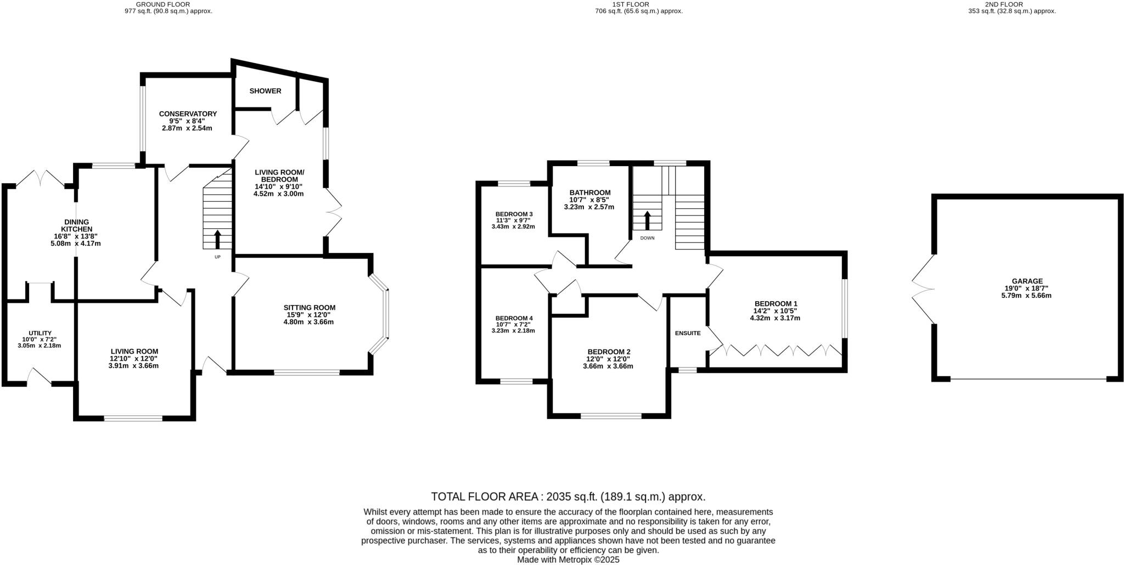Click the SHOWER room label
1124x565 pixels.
point(265,91)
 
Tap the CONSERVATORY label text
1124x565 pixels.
point(188,114)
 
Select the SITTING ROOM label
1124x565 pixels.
point(309,308)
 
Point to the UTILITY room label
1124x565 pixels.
point(40,334)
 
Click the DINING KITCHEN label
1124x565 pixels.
point(76,225)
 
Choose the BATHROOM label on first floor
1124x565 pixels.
point(589,193)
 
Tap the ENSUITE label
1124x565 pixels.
point(687,333)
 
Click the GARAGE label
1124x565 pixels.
point(1027,281)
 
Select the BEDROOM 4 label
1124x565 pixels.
point(514,319)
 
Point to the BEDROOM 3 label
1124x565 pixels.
point(514,214)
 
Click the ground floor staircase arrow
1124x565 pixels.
point(217,239)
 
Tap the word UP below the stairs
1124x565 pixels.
point(217,257)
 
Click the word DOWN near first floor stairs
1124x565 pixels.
point(647,238)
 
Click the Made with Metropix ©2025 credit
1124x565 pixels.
point(568,560)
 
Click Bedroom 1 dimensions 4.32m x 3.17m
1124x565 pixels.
point(774,318)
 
